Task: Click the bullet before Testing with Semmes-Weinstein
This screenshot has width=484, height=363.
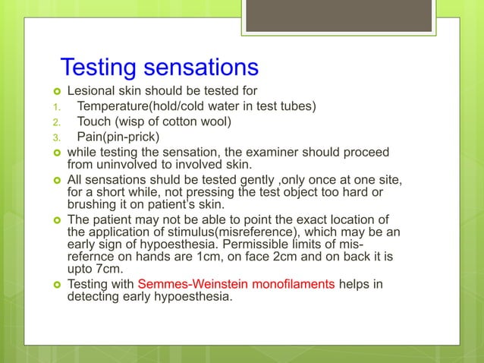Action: (56, 286)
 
